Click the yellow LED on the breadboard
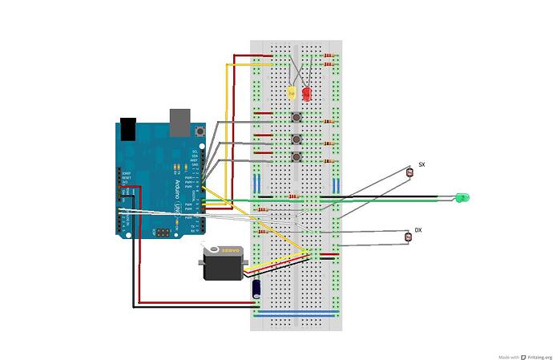pyautogui.click(x=293, y=92)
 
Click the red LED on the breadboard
pyautogui.click(x=306, y=93)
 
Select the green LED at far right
pyautogui.click(x=461, y=197)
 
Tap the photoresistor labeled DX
pyautogui.click(x=407, y=236)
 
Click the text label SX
pyautogui.click(x=422, y=164)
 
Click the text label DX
pyautogui.click(x=418, y=229)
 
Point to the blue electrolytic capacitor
pyautogui.click(x=256, y=288)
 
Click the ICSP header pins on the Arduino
pyautogui.click(x=163, y=232)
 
